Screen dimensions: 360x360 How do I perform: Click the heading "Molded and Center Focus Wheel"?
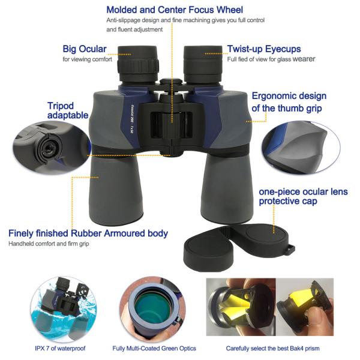click(174, 10)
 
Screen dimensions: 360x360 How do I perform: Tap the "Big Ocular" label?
click(85, 49)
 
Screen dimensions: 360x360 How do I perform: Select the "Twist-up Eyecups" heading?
click(264, 49)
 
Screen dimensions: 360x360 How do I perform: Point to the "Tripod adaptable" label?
click(68, 110)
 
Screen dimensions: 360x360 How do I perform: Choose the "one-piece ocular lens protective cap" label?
click(302, 196)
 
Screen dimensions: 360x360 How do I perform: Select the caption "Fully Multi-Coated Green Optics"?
click(154, 349)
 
